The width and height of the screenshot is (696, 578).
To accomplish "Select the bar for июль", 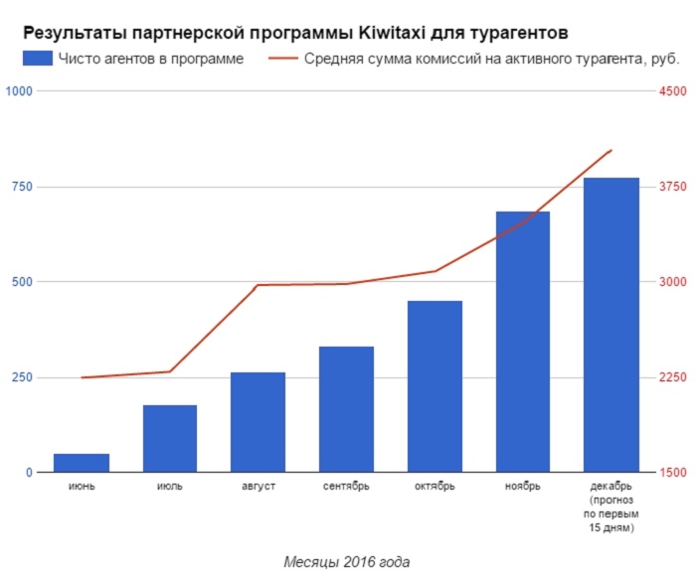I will [170, 438].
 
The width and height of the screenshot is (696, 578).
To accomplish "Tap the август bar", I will [259, 422].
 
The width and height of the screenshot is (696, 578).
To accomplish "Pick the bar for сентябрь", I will [346, 409].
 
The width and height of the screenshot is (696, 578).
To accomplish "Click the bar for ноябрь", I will [523, 342].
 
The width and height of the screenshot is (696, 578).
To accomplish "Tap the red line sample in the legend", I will [285, 59].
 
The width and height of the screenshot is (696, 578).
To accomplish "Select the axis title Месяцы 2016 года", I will [346, 561].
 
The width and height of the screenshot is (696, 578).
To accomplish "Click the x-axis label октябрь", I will [435, 487].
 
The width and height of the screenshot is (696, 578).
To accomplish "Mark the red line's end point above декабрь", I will [611, 150].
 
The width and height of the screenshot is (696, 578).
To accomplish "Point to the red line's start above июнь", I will [82, 377].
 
